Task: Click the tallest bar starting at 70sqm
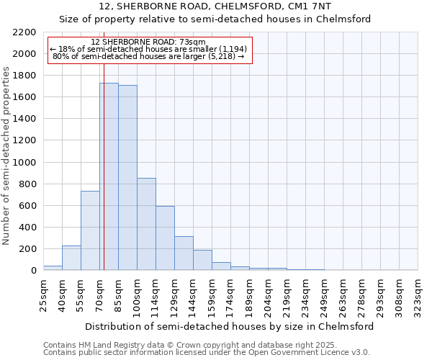pos(109,176)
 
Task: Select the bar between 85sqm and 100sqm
pos(127,178)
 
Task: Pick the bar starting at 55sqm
pos(90,230)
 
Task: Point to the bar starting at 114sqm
pos(165,238)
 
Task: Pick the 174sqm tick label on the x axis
pos(230,294)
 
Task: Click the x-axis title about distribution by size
pos(230,326)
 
